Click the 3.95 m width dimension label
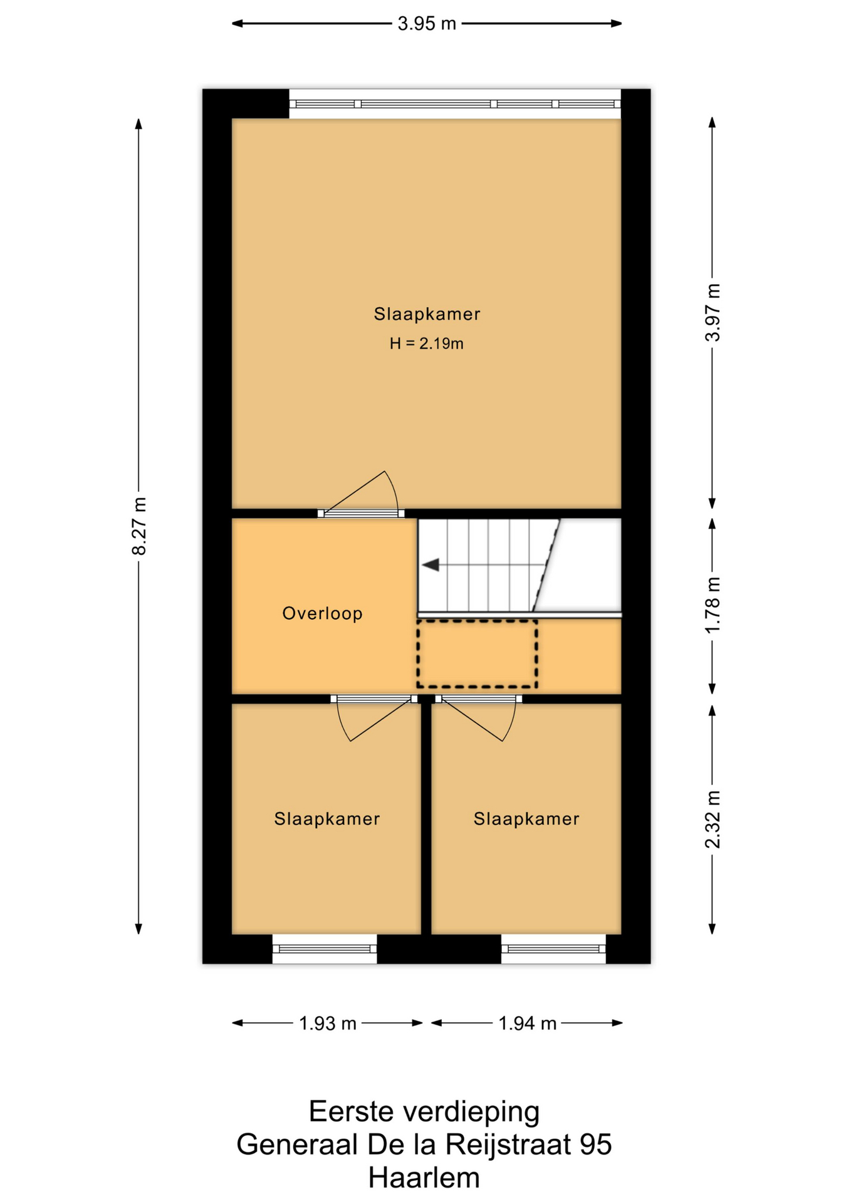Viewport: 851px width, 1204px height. coord(426,24)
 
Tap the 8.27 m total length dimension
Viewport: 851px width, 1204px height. coord(139,526)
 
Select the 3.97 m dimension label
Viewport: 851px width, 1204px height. coord(713,312)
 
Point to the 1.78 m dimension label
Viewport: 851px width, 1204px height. coord(713,605)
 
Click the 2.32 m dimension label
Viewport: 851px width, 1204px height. coord(713,820)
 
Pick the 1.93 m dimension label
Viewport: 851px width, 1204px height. coord(327,1023)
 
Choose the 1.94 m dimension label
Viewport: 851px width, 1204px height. coord(527,1023)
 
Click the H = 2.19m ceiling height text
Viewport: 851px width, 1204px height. coord(426,344)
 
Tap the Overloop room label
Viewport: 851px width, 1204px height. coord(322,613)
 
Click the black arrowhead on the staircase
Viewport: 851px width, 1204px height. coord(430,565)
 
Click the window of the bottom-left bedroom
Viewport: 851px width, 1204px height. coord(325,949)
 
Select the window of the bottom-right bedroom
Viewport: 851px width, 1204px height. coord(553,949)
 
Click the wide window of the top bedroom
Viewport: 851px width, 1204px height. coord(455,104)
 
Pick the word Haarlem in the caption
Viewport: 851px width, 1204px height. coord(424,1178)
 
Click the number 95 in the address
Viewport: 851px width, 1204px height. coord(595,1144)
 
